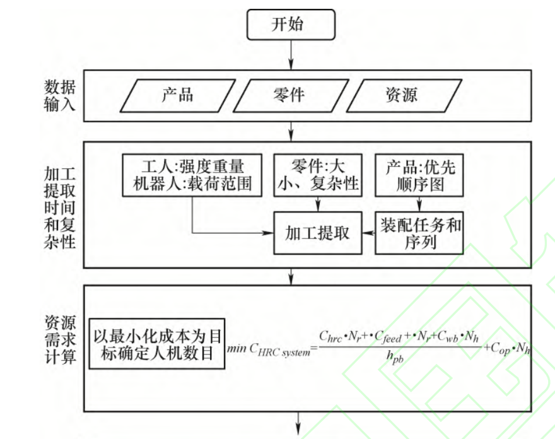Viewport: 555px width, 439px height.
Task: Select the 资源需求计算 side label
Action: [60, 340]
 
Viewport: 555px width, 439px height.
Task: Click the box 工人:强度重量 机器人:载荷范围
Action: [192, 175]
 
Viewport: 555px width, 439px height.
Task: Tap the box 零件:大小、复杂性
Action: [317, 175]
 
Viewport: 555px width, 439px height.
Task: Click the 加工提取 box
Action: [317, 233]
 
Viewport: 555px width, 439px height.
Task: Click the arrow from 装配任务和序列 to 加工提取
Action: [368, 233]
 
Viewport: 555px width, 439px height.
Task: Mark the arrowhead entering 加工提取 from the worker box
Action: [268, 233]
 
